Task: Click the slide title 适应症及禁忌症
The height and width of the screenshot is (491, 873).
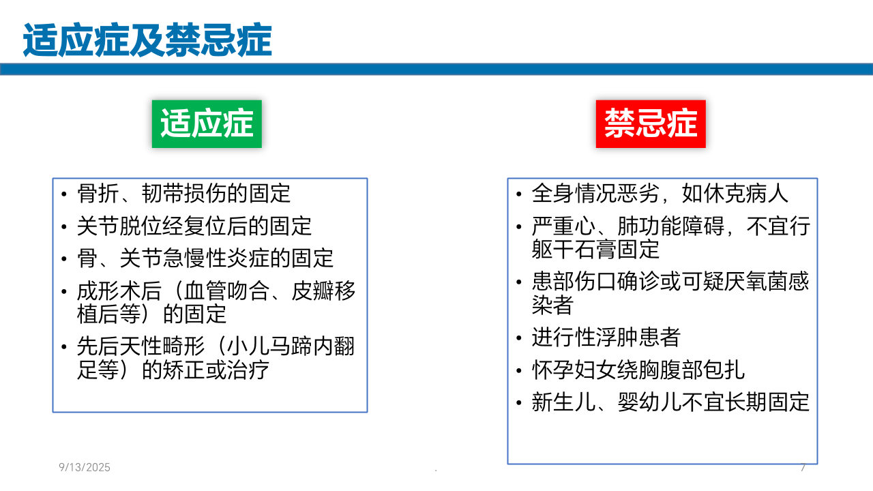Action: coord(147,40)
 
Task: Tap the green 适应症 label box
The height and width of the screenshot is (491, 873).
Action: coord(207,124)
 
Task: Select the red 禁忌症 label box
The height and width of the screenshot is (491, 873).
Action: coord(651,124)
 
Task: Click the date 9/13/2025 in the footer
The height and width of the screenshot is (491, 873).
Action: coord(85,467)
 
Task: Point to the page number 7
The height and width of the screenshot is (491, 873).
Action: coord(803,467)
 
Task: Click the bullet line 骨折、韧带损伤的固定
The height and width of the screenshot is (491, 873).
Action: coord(183,193)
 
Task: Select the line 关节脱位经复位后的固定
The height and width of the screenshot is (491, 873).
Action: coord(194,226)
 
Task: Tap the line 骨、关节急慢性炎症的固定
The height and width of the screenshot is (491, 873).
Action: coord(205,258)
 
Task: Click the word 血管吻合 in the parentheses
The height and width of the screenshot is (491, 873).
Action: coord(227,291)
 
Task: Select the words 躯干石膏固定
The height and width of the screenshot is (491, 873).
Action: coord(595,250)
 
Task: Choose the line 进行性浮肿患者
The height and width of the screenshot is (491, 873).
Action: coord(606,337)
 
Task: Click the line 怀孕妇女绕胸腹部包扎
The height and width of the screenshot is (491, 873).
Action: coord(638,370)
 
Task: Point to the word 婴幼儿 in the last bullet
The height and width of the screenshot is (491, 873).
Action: coord(650,402)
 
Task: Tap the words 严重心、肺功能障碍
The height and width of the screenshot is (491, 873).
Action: coord(628,226)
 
